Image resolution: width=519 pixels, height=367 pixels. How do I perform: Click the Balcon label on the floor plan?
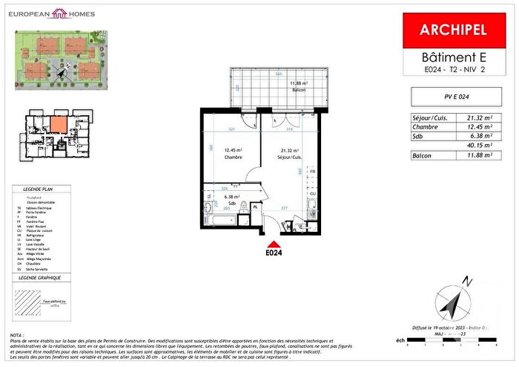299,89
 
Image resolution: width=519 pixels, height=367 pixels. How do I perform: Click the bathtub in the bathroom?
219,223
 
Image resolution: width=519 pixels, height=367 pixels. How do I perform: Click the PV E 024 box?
452,95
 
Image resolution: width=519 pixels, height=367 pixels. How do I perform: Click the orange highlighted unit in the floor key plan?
59,123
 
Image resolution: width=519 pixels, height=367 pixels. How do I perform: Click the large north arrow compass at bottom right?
454,300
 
